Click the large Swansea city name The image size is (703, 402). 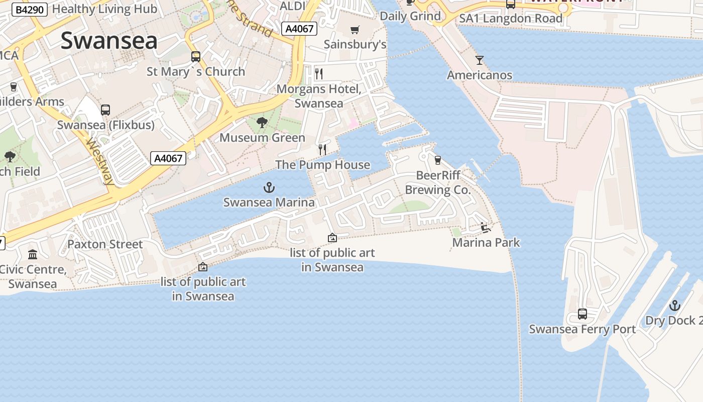pyautogui.click(x=109, y=41)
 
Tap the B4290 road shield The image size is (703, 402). pyautogui.click(x=29, y=10)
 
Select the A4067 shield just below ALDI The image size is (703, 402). pyautogui.click(x=300, y=29)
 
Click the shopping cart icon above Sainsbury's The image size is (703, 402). pyautogui.click(x=355, y=30)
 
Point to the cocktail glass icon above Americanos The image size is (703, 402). pyautogui.click(x=480, y=60)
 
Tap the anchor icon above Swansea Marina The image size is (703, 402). pyautogui.click(x=269, y=188)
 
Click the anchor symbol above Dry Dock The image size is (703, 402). pyautogui.click(x=675, y=305)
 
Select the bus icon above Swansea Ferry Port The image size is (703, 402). pyautogui.click(x=582, y=314)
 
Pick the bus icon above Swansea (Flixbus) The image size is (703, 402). pyautogui.click(x=105, y=110)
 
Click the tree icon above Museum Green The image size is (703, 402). pyautogui.click(x=262, y=123)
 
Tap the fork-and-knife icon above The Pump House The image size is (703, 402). pyautogui.click(x=322, y=149)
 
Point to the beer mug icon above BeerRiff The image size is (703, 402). pyautogui.click(x=437, y=160)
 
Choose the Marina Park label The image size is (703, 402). pyautogui.click(x=486, y=243)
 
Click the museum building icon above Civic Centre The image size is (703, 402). pyautogui.click(x=33, y=254)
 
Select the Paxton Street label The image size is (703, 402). pyautogui.click(x=105, y=244)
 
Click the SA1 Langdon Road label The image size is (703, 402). pyautogui.click(x=511, y=19)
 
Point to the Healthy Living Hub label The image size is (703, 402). pyautogui.click(x=104, y=9)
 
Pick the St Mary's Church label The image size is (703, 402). pyautogui.click(x=196, y=72)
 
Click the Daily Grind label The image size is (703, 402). pyautogui.click(x=410, y=16)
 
